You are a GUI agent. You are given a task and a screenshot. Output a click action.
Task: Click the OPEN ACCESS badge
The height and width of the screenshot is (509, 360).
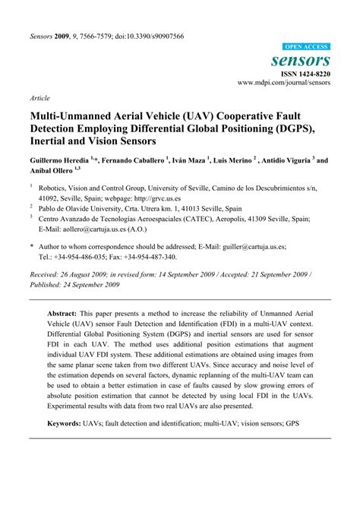(x=305, y=46)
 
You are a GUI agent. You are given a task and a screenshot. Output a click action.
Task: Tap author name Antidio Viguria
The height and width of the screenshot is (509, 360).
(x=288, y=162)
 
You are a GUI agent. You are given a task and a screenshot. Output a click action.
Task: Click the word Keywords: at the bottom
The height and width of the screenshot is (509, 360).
(x=71, y=464)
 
